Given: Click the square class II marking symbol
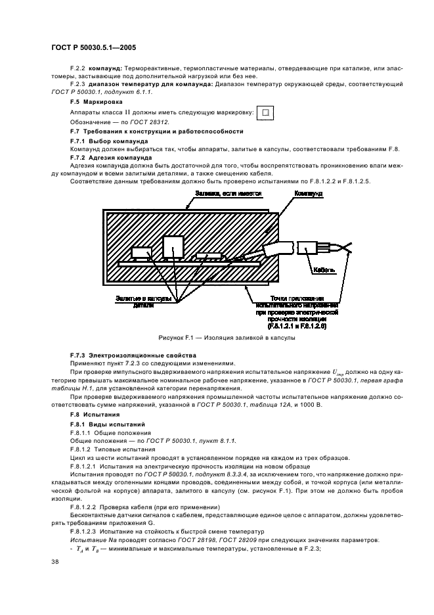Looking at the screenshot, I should tap(265, 112).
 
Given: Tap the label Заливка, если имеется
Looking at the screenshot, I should tap(228, 194).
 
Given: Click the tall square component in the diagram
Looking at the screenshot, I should tap(173, 246).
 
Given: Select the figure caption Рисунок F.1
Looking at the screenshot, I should tap(226, 338).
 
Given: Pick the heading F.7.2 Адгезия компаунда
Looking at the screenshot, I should tap(111, 158).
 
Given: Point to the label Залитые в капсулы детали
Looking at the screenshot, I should tap(144, 302).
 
